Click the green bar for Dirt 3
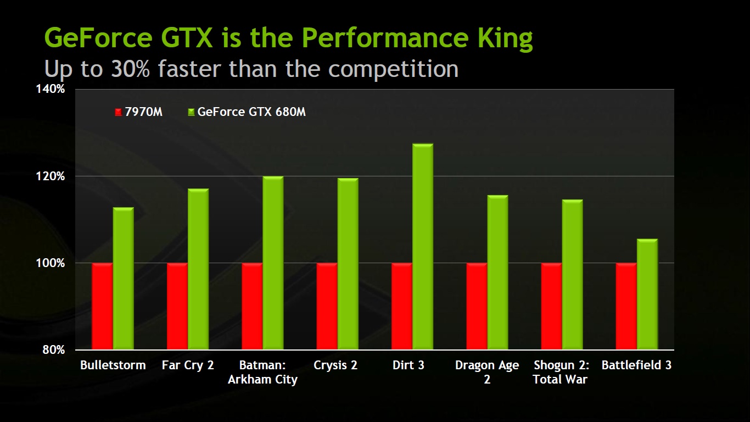tap(423, 247)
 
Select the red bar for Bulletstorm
tap(102, 306)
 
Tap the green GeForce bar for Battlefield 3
tap(647, 294)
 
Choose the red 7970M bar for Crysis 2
tap(327, 306)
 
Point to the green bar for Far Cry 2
tap(198, 269)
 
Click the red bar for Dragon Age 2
tap(477, 306)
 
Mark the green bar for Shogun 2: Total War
tap(572, 275)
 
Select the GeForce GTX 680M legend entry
tap(247, 112)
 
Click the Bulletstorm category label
tap(113, 365)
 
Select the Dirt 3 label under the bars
tap(408, 365)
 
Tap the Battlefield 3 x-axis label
tap(636, 365)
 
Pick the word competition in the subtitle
tap(393, 69)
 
